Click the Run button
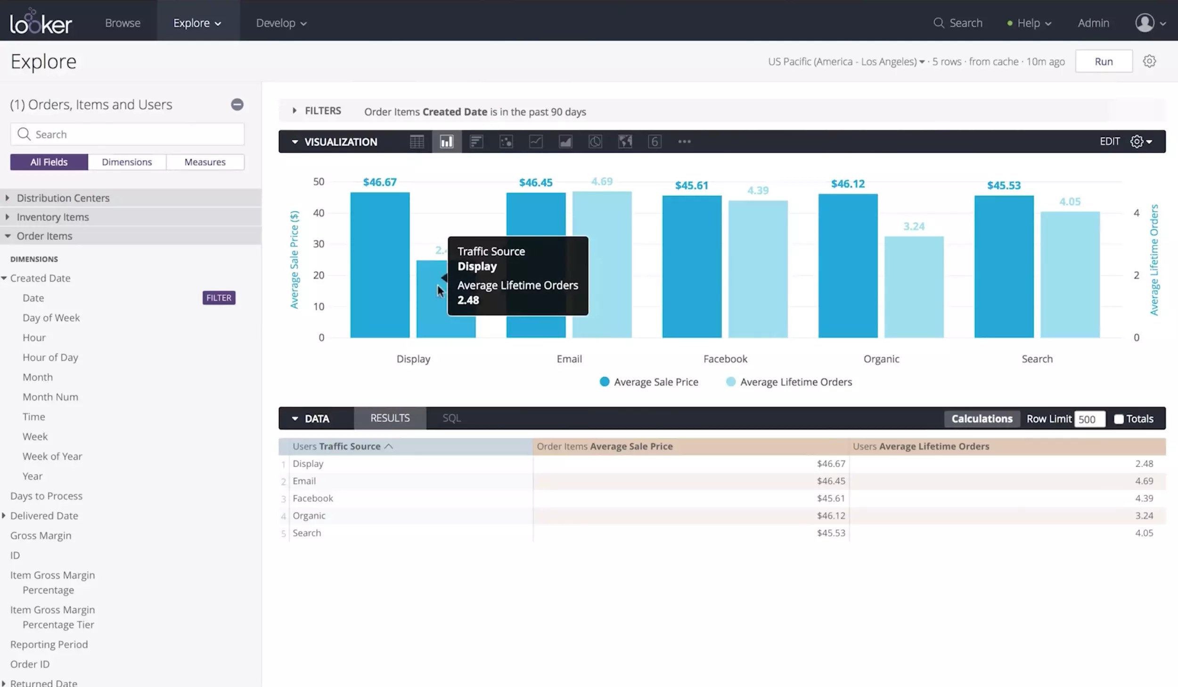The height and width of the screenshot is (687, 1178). (1103, 62)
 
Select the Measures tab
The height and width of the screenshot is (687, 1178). (205, 162)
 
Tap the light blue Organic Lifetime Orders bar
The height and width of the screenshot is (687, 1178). (913, 287)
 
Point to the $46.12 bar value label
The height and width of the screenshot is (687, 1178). (847, 184)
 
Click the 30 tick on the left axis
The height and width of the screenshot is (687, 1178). (319, 244)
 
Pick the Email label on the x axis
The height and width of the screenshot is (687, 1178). (569, 359)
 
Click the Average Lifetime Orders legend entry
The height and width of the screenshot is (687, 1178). (795, 382)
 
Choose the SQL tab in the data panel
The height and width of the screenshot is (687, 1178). (451, 418)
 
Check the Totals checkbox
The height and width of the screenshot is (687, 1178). (1118, 419)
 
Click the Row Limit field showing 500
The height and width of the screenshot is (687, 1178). (1089, 419)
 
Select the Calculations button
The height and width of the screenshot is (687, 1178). (982, 419)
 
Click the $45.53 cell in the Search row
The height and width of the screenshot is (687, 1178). (831, 533)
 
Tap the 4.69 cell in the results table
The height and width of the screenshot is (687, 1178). (1144, 481)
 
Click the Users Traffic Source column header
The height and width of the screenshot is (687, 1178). (336, 446)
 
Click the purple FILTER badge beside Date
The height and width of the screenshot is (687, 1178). (219, 298)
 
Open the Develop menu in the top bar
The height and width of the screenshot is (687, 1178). (281, 23)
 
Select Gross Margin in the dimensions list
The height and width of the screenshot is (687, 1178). (41, 535)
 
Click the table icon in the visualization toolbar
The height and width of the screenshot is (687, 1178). (417, 142)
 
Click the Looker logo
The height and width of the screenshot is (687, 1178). (41, 22)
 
